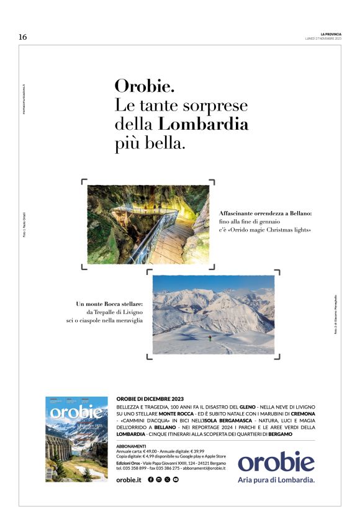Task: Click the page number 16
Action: tap(23, 37)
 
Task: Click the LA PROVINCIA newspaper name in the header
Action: tap(331, 34)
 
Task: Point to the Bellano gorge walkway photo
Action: tap(148, 224)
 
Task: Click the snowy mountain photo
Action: tap(213, 315)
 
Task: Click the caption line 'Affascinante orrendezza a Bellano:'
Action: tap(265, 214)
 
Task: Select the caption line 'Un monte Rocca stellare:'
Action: tap(109, 304)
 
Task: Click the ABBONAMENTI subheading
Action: tap(131, 446)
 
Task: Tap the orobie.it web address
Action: tap(129, 480)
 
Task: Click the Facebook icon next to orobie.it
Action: tap(151, 480)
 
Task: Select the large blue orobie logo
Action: tap(276, 461)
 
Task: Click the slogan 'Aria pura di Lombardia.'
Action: tap(276, 480)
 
